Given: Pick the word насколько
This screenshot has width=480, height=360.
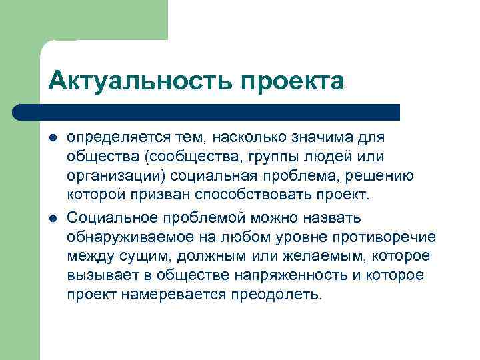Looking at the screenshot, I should coord(252,137).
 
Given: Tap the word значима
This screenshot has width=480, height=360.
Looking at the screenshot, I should coord(325,137).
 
